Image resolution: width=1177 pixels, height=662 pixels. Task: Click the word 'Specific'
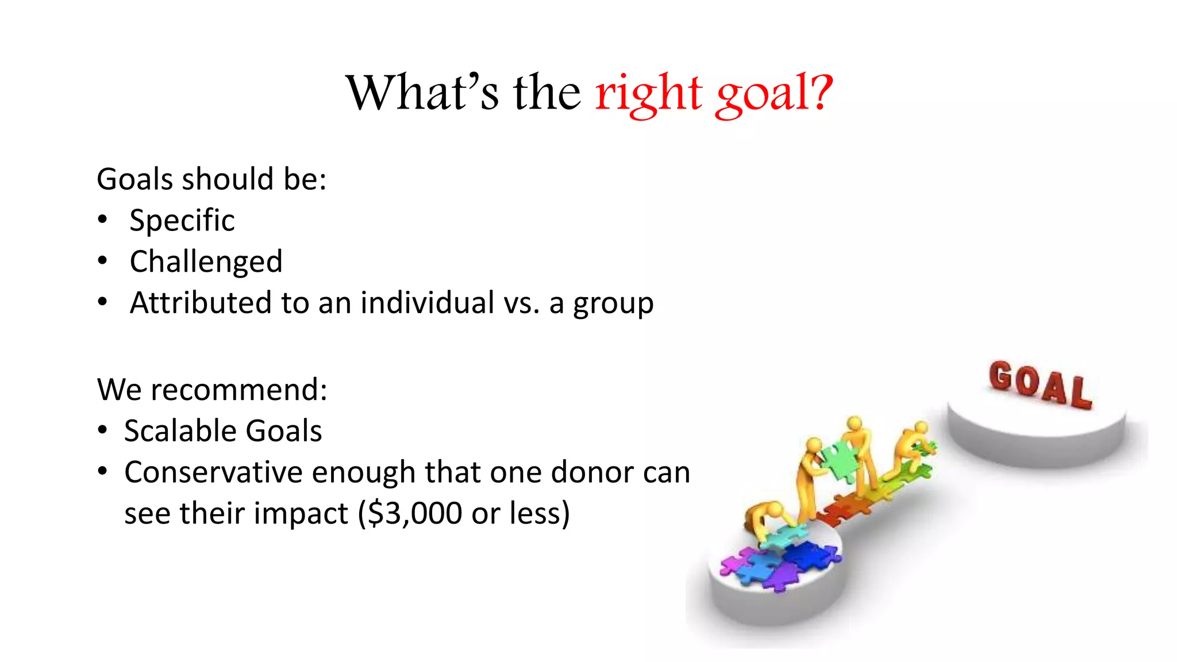(x=182, y=221)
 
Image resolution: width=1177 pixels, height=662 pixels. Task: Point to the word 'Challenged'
(x=206, y=262)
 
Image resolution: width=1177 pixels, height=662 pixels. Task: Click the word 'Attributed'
(x=200, y=303)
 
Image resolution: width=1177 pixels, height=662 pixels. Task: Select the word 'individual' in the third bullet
(x=427, y=303)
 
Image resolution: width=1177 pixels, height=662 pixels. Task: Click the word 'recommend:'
(x=239, y=390)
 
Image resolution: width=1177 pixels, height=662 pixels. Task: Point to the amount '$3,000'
(x=415, y=513)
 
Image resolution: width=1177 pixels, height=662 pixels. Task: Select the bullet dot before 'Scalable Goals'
(x=102, y=430)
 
